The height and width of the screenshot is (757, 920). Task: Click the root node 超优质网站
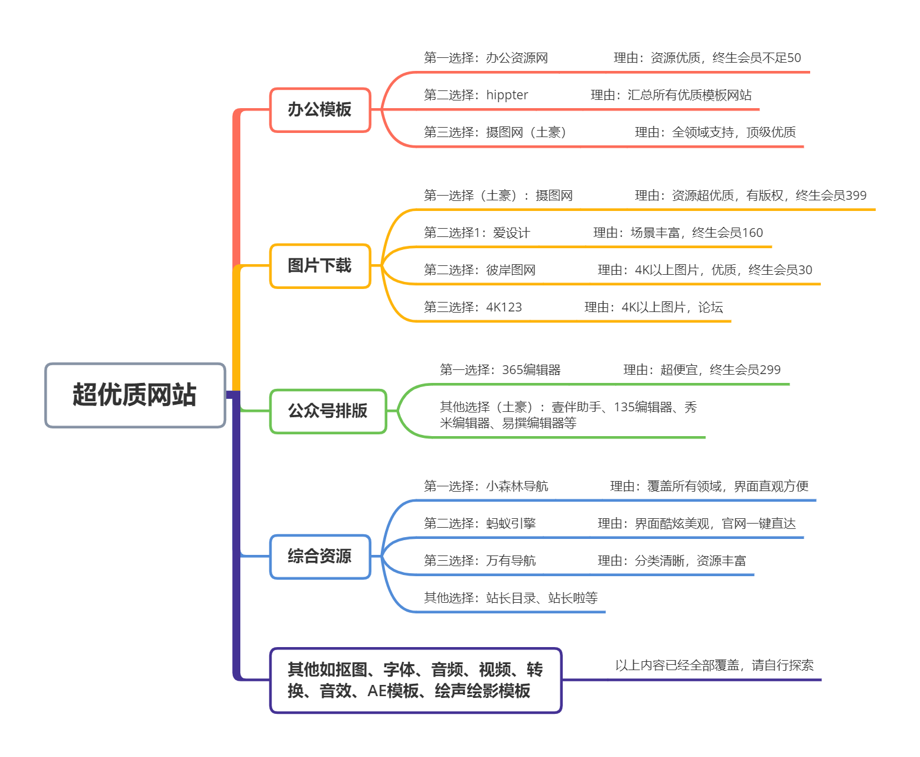135,395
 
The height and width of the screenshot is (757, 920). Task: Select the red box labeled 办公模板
319,109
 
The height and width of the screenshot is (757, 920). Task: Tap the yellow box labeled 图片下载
319,265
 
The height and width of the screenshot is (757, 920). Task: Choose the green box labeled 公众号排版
328,411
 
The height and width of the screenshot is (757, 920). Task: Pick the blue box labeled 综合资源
319,556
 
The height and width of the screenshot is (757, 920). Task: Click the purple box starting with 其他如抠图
415,680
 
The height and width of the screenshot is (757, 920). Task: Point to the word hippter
507,95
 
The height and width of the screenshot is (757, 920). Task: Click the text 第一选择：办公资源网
485,58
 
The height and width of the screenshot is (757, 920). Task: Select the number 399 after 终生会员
856,195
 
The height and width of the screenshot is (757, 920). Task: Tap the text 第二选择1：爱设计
477,233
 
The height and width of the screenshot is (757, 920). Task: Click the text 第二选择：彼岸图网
479,270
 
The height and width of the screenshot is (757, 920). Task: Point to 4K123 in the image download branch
504,307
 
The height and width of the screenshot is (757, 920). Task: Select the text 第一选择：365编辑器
500,370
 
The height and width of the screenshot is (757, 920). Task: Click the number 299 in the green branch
769,370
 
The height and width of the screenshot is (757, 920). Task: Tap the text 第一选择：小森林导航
485,486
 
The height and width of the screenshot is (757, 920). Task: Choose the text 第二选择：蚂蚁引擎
479,523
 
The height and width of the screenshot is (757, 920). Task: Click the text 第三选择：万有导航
479,560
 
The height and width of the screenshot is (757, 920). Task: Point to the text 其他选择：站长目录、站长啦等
510,597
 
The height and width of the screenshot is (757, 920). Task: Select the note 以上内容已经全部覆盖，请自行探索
714,665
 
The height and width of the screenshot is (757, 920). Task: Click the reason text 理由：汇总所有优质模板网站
671,95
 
